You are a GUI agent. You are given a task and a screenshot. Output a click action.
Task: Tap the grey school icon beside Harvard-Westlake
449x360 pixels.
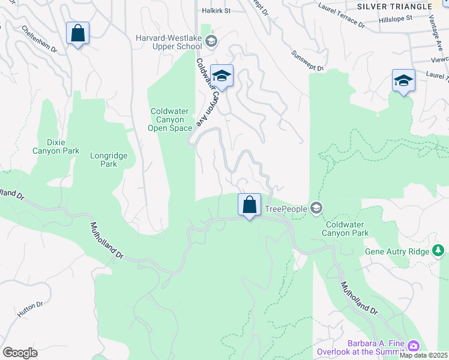click(x=211, y=41)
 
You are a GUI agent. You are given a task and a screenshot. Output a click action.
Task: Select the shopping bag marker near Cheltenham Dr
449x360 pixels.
click(x=78, y=34)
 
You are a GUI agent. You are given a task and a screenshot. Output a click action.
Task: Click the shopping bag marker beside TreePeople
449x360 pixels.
click(x=249, y=205)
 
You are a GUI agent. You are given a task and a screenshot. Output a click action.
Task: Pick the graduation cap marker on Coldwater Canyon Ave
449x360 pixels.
click(x=221, y=76)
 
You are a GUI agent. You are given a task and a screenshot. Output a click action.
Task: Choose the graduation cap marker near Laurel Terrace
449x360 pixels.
click(x=403, y=81)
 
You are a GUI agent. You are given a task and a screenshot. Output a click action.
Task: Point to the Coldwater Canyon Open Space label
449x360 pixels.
click(x=171, y=119)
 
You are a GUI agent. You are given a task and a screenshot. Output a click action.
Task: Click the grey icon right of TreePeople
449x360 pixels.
click(x=316, y=208)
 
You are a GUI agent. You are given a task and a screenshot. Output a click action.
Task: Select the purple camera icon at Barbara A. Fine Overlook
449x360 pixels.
click(x=413, y=346)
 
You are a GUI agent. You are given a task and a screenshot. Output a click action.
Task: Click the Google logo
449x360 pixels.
click(x=20, y=353)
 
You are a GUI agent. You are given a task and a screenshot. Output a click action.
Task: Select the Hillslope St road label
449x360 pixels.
click(x=396, y=19)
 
